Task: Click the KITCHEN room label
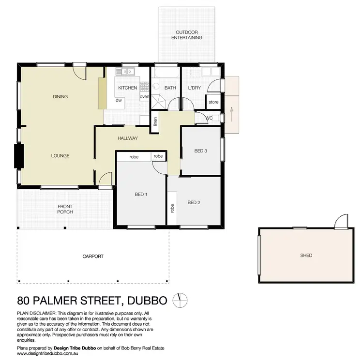point(128,88)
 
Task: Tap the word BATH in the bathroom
point(170,88)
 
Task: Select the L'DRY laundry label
point(195,88)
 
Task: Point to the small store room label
point(213,102)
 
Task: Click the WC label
point(209,118)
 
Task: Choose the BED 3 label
point(201,151)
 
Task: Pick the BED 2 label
point(194,202)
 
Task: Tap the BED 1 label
point(141,195)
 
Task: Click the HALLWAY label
point(128,138)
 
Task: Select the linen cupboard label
point(155,122)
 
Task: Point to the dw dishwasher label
point(118,101)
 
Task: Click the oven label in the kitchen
point(144,97)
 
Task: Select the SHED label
point(306,256)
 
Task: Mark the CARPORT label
point(93,257)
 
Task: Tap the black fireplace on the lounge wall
point(19,156)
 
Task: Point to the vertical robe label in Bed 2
point(172,208)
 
